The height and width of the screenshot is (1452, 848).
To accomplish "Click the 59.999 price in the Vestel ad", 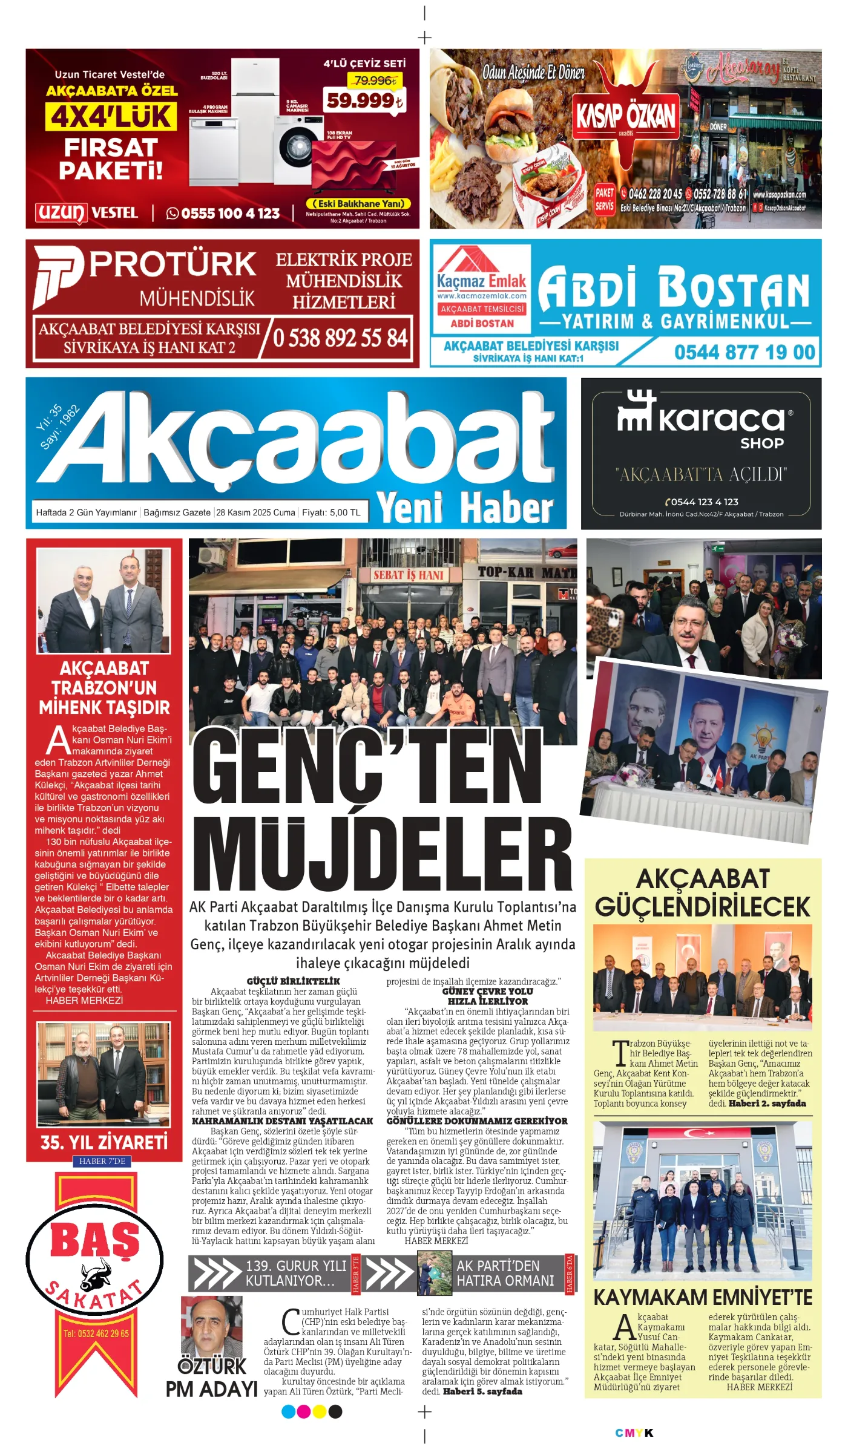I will click(364, 100).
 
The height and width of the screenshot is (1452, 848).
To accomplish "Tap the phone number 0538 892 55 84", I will click(340, 338).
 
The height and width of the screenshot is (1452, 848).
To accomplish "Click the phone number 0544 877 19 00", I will click(744, 352).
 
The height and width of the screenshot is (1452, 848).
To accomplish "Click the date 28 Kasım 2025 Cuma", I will click(255, 512).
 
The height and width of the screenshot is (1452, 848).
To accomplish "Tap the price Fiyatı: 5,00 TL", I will click(330, 512).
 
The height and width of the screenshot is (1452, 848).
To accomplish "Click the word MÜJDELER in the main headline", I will click(382, 852).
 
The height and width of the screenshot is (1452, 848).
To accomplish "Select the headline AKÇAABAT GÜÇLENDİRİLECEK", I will click(702, 893).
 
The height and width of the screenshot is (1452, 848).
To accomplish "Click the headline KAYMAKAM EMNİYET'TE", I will click(702, 1298).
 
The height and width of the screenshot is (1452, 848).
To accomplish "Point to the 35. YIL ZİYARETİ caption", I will click(104, 1142).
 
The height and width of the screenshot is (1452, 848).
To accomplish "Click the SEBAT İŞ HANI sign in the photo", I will click(408, 575).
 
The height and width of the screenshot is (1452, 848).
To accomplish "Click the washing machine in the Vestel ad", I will click(298, 148).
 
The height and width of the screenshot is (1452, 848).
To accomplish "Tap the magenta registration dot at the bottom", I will click(304, 1411).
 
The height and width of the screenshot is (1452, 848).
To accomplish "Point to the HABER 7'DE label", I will click(102, 1161).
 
